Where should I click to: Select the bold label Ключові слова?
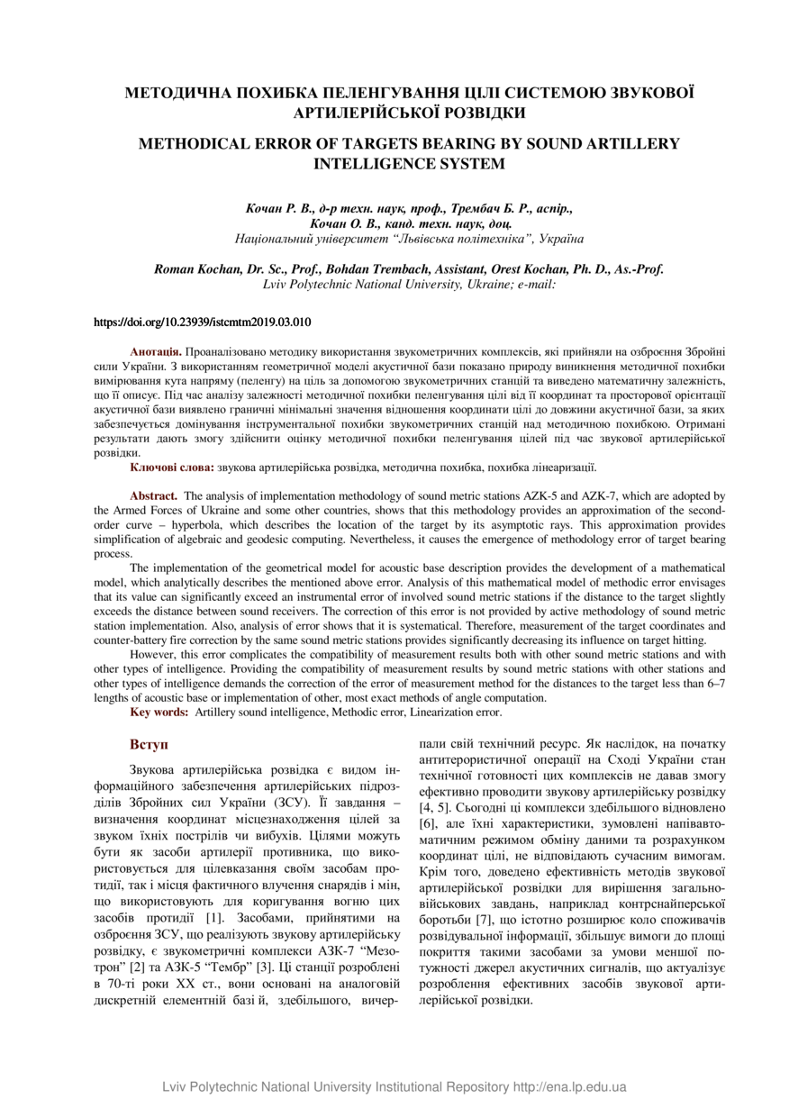[x=172, y=468]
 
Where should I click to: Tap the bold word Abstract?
[x=154, y=495]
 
